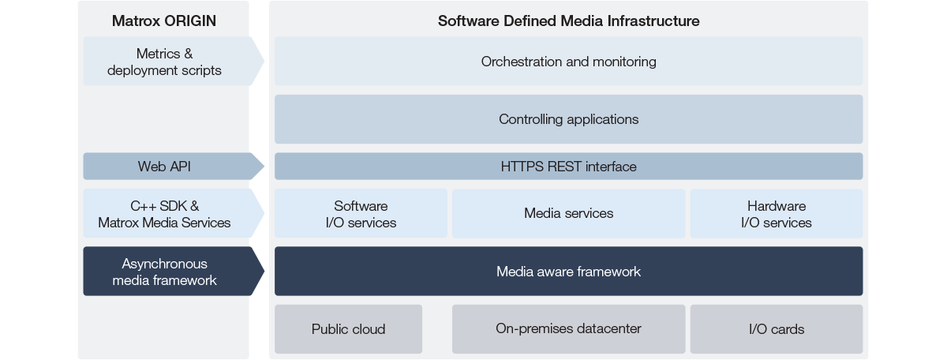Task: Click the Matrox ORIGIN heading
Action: click(164, 21)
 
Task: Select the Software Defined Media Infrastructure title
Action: click(568, 21)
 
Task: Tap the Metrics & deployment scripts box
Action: click(164, 62)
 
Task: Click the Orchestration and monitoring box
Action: click(568, 62)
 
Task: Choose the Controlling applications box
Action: click(568, 119)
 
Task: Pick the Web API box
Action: click(164, 167)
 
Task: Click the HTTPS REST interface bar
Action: click(568, 167)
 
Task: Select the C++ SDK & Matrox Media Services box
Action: click(164, 214)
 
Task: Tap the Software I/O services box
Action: click(361, 214)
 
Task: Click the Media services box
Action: click(568, 213)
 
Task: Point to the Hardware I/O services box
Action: click(776, 214)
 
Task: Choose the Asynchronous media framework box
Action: click(164, 272)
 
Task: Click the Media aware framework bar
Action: click(568, 272)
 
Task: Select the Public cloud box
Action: click(348, 329)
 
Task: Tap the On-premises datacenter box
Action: click(568, 328)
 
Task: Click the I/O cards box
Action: click(776, 329)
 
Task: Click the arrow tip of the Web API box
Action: click(263, 167)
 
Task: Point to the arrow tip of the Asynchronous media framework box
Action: click(263, 272)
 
